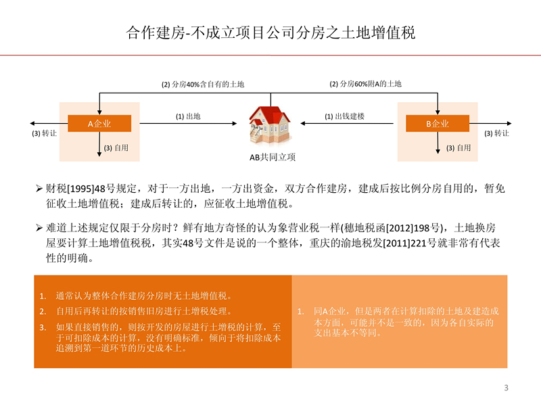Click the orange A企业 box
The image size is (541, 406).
click(x=99, y=124)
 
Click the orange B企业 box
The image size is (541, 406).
click(x=437, y=124)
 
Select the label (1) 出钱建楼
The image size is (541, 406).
click(x=344, y=116)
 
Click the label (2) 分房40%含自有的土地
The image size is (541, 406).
click(x=202, y=85)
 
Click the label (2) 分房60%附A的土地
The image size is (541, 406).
click(x=365, y=84)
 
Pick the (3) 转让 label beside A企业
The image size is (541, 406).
click(x=45, y=134)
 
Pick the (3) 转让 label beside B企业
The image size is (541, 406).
click(x=496, y=134)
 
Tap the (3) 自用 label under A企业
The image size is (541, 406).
click(x=116, y=148)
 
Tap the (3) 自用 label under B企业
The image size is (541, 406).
click(x=458, y=148)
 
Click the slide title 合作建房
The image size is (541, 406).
click(x=270, y=32)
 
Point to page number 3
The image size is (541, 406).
click(x=506, y=388)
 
